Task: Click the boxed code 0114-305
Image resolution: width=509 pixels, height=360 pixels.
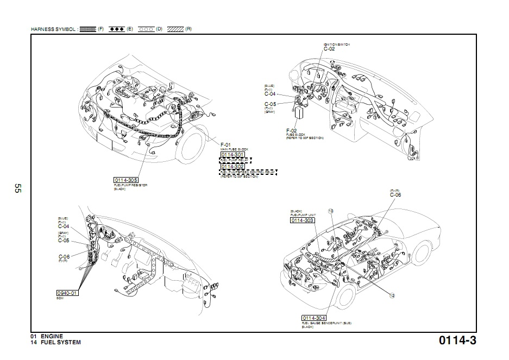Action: click(125, 180)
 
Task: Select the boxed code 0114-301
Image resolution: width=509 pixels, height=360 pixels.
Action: click(232, 155)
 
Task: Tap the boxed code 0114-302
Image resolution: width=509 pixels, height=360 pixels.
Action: click(232, 166)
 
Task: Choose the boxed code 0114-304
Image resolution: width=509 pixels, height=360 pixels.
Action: click(315, 318)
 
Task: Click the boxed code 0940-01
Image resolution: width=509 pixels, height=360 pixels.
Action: click(68, 293)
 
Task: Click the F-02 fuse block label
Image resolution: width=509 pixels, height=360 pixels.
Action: click(292, 131)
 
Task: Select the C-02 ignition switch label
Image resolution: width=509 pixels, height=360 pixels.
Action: click(329, 49)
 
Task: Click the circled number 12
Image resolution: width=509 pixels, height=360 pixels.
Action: click(392, 295)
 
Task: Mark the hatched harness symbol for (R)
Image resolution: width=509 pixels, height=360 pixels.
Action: click(175, 28)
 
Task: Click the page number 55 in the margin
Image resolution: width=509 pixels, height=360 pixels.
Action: click(17, 189)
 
